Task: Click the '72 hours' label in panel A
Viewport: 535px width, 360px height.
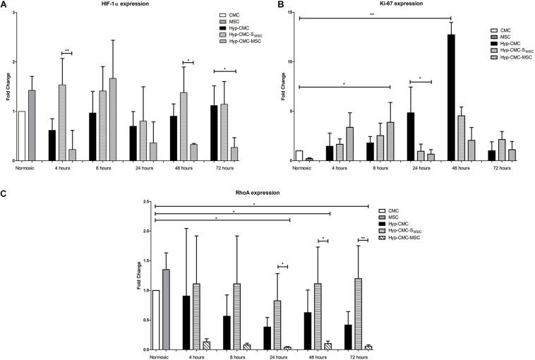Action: tap(221, 169)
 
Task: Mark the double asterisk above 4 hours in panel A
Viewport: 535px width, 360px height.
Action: tap(67, 49)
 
